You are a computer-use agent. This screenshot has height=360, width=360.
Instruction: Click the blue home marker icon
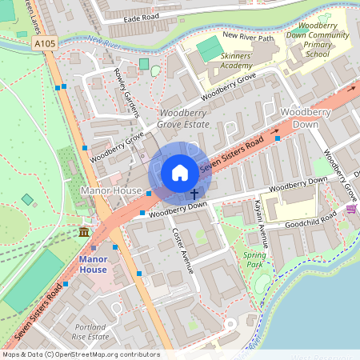[180, 172]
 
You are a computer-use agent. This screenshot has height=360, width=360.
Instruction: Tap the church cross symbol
[194, 194]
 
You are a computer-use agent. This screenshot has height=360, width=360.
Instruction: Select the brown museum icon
[84, 232]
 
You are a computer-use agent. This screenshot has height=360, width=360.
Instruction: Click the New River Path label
[248, 35]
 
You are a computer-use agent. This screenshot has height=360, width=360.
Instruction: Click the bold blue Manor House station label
[93, 265]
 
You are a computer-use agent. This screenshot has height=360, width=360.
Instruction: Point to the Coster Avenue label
[183, 249]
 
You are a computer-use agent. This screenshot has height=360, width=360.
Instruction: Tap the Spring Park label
[254, 258]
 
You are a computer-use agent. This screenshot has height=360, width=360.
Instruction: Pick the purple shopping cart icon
[351, 209]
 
